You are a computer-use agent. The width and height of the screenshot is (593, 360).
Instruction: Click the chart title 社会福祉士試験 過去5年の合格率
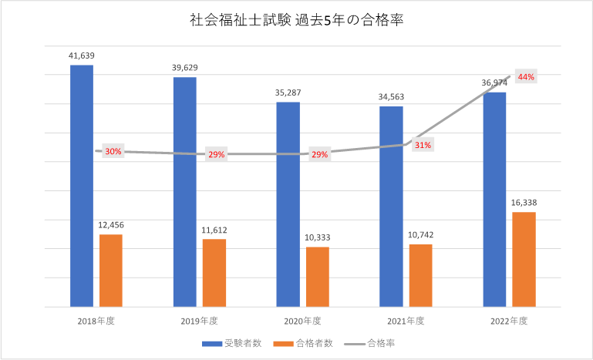(297, 22)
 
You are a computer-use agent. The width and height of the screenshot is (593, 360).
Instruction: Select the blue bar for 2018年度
(81, 185)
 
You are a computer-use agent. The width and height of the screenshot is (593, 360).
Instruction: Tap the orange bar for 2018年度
(110, 270)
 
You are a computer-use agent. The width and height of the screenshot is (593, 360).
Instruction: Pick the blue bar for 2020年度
(288, 204)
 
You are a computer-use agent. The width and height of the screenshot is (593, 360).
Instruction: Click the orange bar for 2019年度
(214, 273)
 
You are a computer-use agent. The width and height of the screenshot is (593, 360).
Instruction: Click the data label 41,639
(81, 56)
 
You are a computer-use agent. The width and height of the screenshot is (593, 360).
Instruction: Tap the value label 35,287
(288, 93)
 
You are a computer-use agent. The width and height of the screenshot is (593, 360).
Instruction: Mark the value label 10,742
(420, 235)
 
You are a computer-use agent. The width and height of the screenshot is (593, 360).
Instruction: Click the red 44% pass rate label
(527, 77)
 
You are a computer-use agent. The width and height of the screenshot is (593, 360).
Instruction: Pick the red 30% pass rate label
(113, 152)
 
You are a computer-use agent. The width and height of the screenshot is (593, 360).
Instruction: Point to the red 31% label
(423, 145)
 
